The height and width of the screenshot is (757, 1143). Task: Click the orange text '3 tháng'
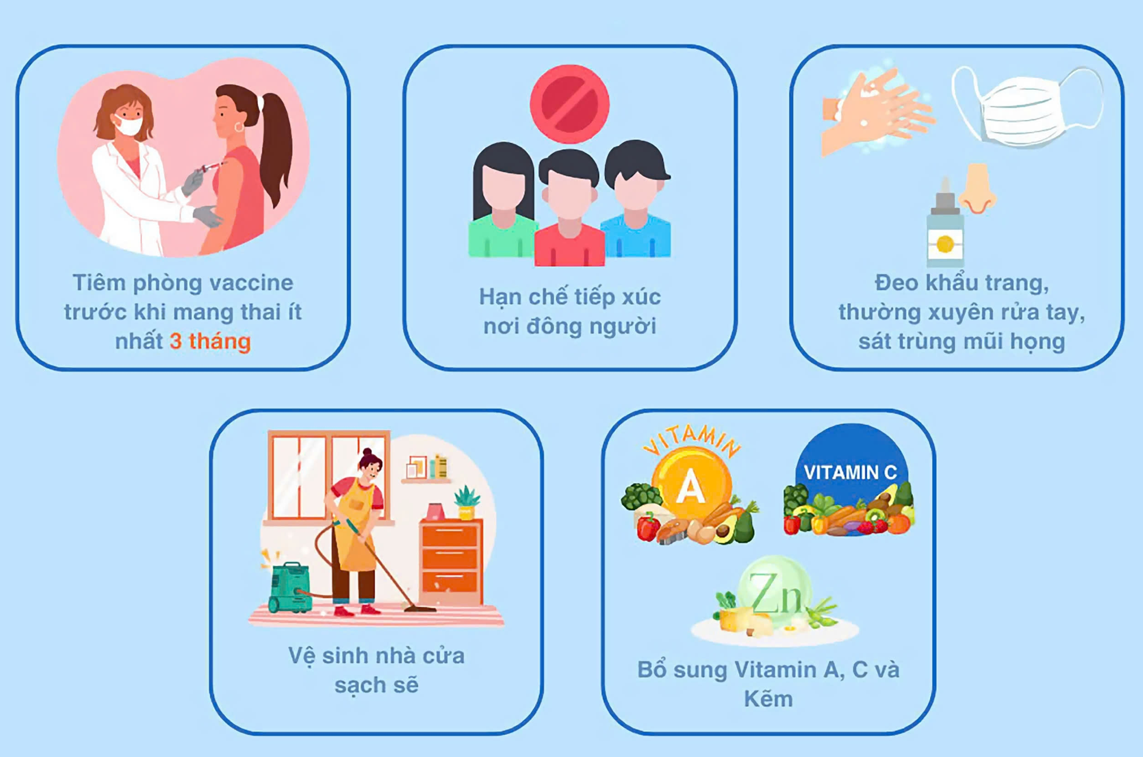[x=210, y=341]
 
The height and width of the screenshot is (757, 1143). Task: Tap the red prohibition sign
[x=569, y=103]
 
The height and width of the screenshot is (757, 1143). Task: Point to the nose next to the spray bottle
[x=978, y=188]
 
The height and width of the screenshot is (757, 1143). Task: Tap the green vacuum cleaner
[x=290, y=588]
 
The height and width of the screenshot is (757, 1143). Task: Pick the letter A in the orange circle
[x=690, y=487]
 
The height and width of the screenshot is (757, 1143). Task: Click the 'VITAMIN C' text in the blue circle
[x=850, y=472]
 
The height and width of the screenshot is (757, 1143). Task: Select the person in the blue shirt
[x=636, y=198]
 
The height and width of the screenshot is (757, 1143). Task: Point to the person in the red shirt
[x=569, y=208]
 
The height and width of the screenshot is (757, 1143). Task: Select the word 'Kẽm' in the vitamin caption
[x=768, y=699]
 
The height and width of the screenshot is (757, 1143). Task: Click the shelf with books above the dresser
[x=426, y=469]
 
